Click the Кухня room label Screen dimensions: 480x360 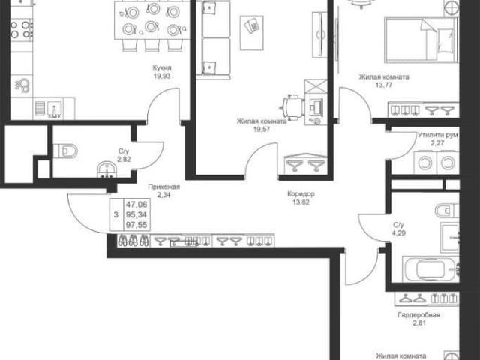tap(162, 67)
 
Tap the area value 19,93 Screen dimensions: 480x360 tap(162, 76)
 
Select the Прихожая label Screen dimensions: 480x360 tap(163, 187)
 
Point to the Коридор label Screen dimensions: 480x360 tap(301, 193)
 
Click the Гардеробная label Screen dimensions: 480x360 tap(419, 315)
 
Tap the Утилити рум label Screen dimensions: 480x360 tap(438, 135)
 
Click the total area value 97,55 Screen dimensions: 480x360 tap(136, 225)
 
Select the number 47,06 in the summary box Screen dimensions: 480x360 tap(136, 204)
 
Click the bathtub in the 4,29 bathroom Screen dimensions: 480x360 tap(430, 269)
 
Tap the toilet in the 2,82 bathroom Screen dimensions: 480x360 tap(65, 151)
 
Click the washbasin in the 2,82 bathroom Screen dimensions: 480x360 tap(106, 169)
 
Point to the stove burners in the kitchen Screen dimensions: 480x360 tap(21, 30)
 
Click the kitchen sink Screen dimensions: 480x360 tap(55, 109)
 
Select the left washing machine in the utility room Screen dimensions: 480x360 tap(425, 163)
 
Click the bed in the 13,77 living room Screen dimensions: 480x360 tap(421, 40)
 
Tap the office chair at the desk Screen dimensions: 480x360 tap(292, 107)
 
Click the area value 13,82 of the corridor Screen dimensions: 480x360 tap(301, 202)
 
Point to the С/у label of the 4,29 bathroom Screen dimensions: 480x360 tap(398, 225)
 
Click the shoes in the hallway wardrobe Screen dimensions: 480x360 tap(133, 240)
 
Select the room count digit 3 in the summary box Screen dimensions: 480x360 tap(115, 215)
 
